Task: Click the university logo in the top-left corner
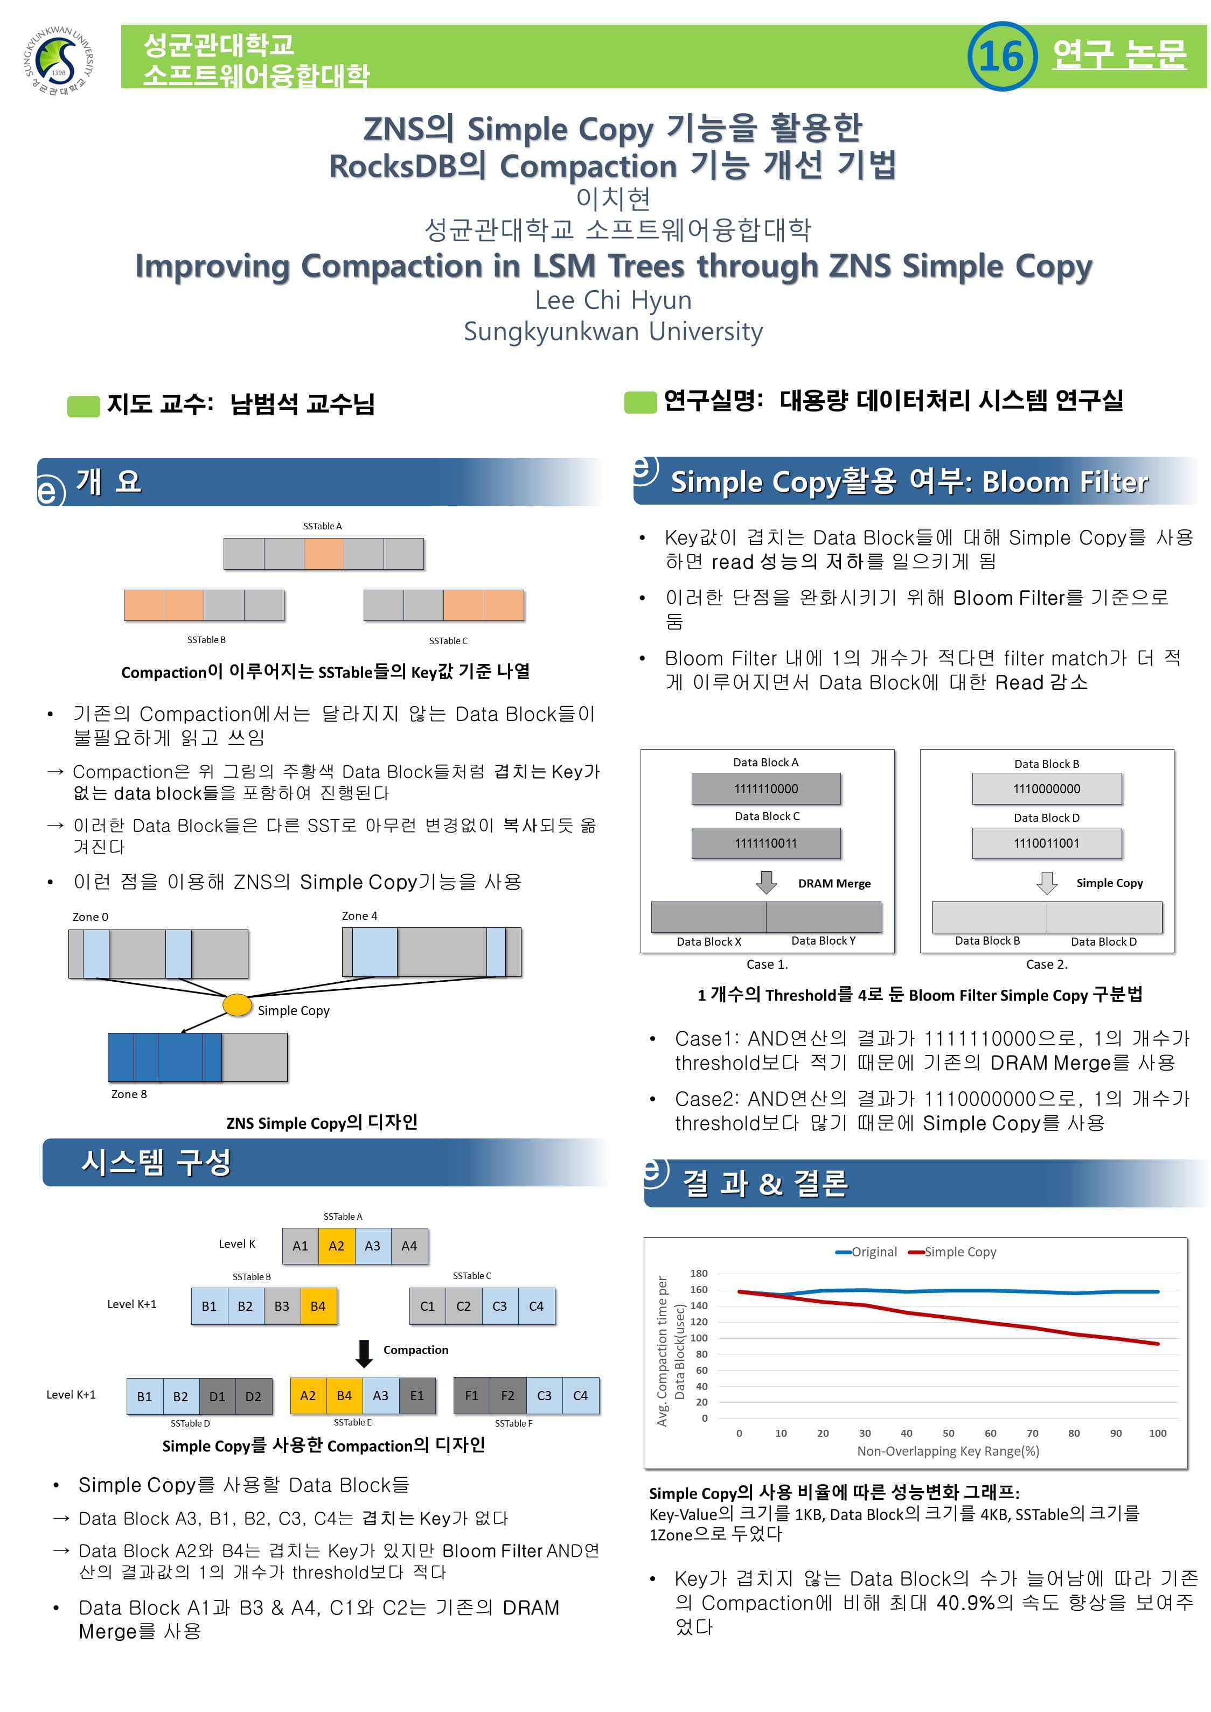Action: [60, 60]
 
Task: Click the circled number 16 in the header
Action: [1001, 56]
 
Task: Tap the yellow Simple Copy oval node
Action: [237, 1005]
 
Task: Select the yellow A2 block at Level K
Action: [336, 1245]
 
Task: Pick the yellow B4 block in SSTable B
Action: [318, 1305]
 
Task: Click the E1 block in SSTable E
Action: [417, 1395]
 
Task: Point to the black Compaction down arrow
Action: [364, 1353]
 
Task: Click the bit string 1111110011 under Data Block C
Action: [766, 843]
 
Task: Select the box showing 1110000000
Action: [1046, 789]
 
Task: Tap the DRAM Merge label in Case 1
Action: [834, 884]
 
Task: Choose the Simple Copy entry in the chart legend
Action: [952, 1252]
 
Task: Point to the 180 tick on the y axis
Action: [699, 1274]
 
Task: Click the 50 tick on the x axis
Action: [949, 1433]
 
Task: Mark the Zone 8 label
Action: [129, 1094]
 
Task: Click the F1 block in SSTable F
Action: [472, 1395]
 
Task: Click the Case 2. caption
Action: [1046, 964]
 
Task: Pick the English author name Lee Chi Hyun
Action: [613, 300]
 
